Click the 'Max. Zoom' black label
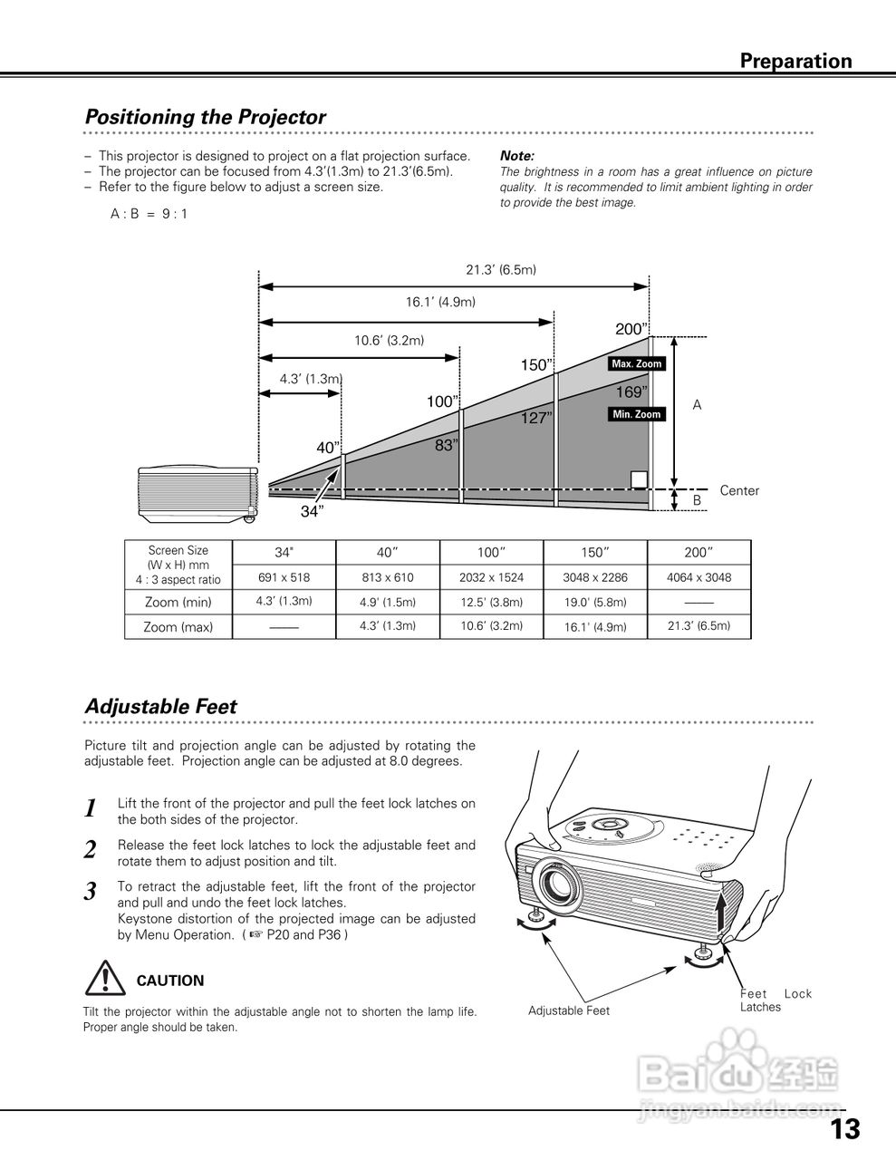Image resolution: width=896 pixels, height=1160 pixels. click(x=637, y=364)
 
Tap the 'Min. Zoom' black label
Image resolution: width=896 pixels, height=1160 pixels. click(x=637, y=414)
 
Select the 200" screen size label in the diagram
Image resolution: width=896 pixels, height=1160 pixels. click(x=631, y=330)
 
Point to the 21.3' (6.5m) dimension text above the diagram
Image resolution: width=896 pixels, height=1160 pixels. click(x=501, y=270)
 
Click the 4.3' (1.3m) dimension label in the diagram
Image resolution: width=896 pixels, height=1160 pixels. click(x=311, y=379)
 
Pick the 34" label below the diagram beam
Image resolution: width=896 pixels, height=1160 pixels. click(x=313, y=512)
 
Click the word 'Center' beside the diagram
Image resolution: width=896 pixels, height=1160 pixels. click(x=739, y=491)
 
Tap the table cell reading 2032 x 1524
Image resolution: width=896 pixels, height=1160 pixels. click(x=491, y=577)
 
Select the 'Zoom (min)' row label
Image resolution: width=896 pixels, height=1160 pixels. click(x=178, y=602)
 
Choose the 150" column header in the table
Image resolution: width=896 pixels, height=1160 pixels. click(x=594, y=553)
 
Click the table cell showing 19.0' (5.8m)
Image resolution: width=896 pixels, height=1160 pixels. click(x=595, y=602)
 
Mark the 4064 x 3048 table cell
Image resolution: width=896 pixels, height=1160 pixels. click(x=698, y=577)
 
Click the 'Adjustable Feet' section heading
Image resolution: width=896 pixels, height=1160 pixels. click(x=160, y=707)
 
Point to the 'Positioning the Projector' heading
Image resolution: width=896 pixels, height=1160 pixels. click(x=205, y=118)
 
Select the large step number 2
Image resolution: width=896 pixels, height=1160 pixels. click(x=91, y=850)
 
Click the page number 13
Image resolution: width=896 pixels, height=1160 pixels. click(x=844, y=1129)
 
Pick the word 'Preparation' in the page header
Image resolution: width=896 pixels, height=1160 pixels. click(x=795, y=62)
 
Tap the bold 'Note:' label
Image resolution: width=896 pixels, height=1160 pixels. click(x=517, y=156)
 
